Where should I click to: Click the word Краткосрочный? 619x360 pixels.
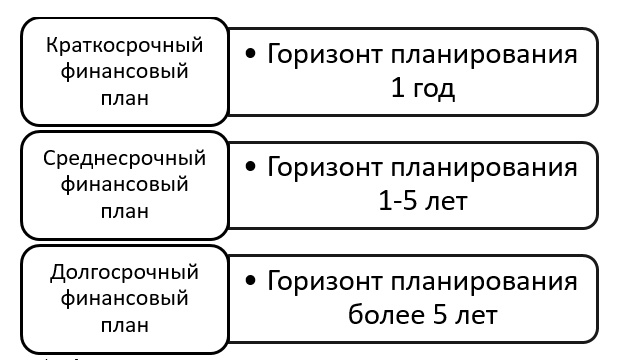click(x=124, y=45)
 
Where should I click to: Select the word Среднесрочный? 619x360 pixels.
click(x=124, y=158)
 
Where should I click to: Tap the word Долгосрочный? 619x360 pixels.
click(x=124, y=272)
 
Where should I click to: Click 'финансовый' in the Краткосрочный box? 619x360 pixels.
click(x=124, y=72)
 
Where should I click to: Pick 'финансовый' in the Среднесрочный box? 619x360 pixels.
click(x=124, y=185)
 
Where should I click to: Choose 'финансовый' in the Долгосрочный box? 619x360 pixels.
click(x=124, y=298)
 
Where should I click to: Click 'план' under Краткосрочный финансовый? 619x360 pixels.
click(x=124, y=98)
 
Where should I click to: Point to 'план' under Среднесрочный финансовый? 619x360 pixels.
click(x=124, y=211)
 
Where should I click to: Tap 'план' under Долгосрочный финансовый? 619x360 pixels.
click(x=124, y=325)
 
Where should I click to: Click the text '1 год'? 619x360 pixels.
click(x=423, y=89)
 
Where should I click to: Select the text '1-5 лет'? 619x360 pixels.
click(x=423, y=202)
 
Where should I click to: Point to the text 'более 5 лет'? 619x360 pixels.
click(x=423, y=316)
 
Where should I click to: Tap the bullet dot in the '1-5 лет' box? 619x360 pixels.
click(x=250, y=167)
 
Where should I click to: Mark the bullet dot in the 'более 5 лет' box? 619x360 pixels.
click(x=250, y=281)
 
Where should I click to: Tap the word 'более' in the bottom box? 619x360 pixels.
click(x=386, y=316)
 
